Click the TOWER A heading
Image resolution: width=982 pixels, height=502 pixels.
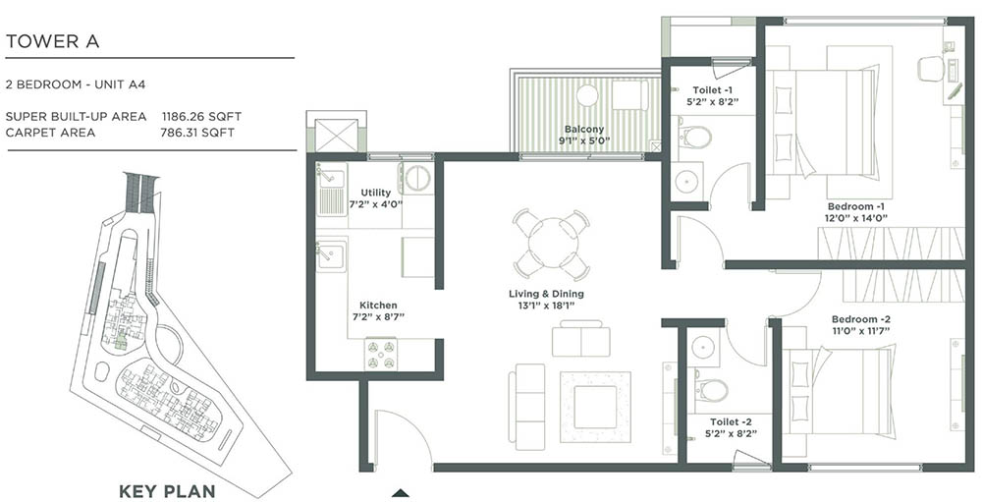[x=52, y=41]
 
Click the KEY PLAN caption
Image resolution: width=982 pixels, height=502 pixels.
[x=166, y=490]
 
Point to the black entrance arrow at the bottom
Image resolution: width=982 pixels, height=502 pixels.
[x=400, y=491]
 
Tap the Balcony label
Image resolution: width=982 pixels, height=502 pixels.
[x=583, y=130]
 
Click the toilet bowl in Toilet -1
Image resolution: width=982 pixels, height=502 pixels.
[x=695, y=136]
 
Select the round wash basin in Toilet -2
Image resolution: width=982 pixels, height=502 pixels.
[x=702, y=347]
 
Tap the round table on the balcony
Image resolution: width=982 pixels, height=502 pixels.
[x=587, y=95]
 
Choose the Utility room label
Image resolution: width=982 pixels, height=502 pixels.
[x=376, y=193]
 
